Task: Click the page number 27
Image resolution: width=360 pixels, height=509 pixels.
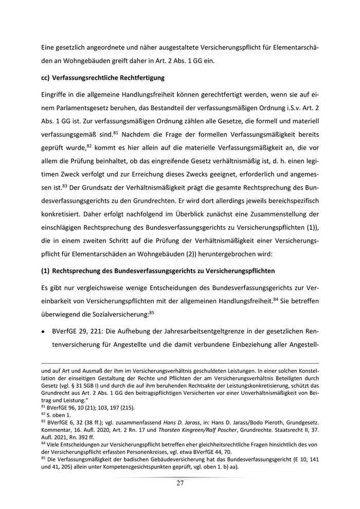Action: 180,483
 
